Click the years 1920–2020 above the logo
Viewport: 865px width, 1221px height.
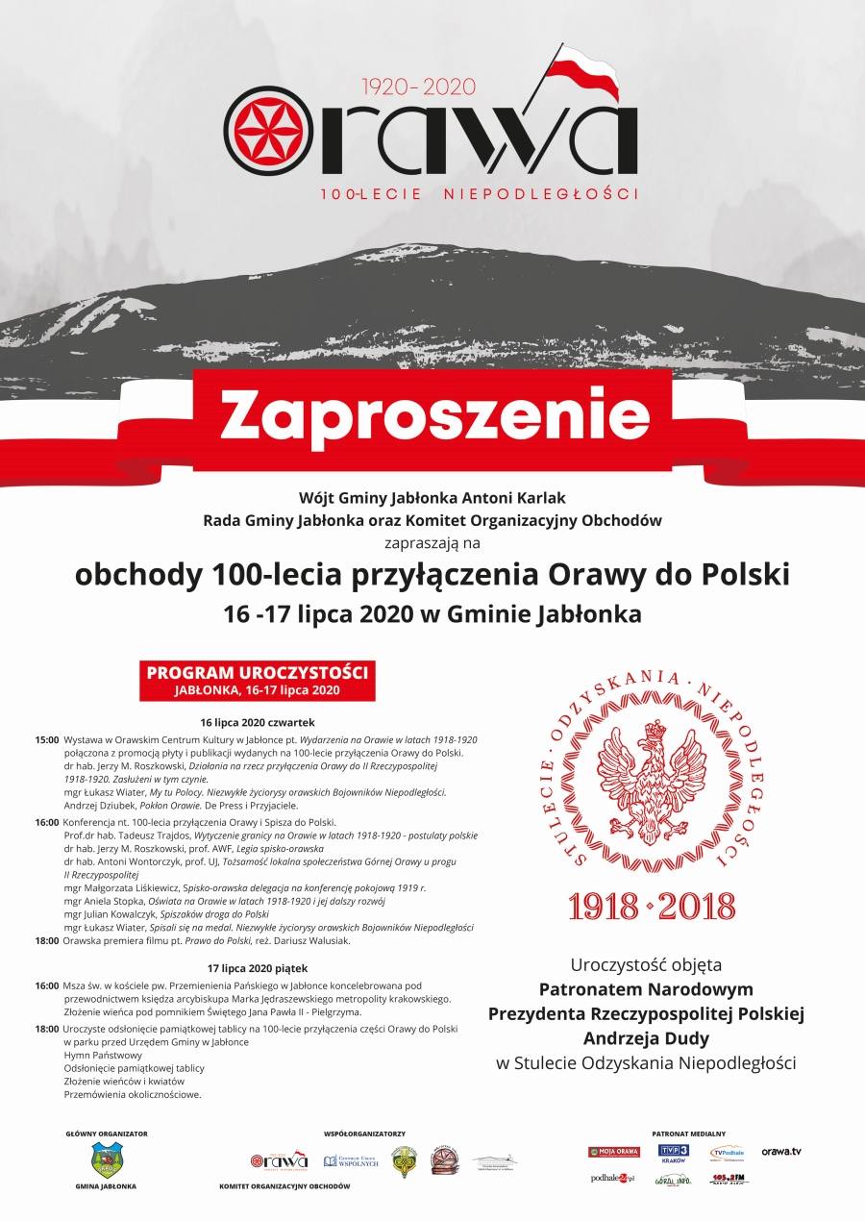[x=418, y=87]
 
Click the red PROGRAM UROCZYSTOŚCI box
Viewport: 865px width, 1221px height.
[x=257, y=680]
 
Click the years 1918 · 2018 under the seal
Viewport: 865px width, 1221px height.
[x=652, y=906]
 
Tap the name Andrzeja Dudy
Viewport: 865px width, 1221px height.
[x=646, y=1038]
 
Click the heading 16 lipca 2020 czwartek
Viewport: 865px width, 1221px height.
[x=258, y=722]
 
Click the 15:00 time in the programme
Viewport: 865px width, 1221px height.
[x=46, y=740]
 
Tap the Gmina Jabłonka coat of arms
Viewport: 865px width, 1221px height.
[x=106, y=1159]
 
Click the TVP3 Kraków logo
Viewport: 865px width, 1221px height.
[x=673, y=1154]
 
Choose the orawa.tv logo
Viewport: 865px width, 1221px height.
[x=781, y=1152]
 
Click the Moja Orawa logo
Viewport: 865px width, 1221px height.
[x=614, y=1152]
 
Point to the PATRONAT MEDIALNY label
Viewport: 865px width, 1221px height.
[x=688, y=1134]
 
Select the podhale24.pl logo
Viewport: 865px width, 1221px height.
[x=612, y=1179]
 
